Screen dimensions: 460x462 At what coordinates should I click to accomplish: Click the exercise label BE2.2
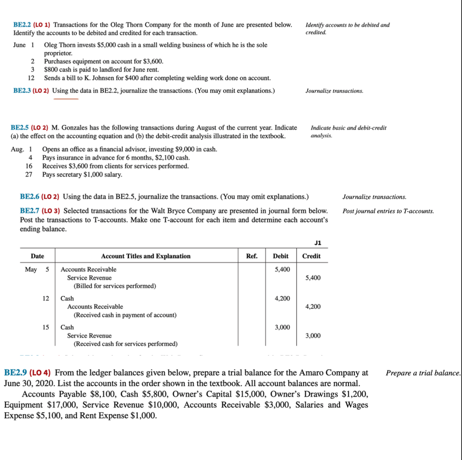coord(22,25)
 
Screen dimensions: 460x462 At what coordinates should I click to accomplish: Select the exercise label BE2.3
coord(22,91)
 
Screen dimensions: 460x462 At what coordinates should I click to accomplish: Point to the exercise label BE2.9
coord(15,372)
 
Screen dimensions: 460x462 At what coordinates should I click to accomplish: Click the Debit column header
coord(280,256)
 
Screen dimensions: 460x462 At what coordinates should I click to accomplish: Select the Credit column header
coord(311,256)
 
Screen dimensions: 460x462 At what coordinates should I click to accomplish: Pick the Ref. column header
coord(251,256)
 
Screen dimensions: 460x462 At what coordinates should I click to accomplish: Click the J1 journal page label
coord(318,243)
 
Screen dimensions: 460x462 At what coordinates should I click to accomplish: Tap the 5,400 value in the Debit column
coord(282,270)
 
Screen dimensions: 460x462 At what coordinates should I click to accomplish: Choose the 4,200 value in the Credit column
coord(313,307)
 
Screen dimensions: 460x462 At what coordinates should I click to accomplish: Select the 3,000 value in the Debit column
coord(282,327)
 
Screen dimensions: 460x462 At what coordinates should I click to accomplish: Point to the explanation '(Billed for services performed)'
coord(115,286)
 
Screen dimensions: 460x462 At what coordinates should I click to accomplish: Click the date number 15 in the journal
coord(46,327)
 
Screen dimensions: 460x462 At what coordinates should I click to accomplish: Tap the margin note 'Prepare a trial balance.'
coord(423,373)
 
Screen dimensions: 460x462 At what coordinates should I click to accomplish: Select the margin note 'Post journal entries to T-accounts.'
coord(388,211)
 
